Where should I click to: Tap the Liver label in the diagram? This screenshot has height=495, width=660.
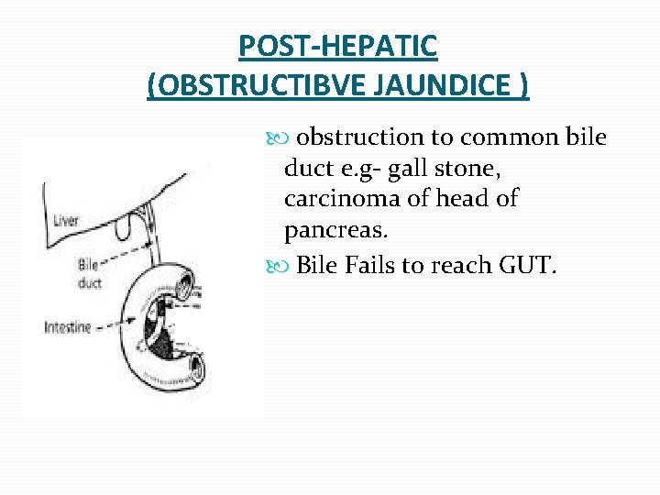(66, 219)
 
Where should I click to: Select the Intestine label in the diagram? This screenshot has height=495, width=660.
(68, 326)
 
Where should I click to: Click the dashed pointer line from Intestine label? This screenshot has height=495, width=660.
(115, 325)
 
